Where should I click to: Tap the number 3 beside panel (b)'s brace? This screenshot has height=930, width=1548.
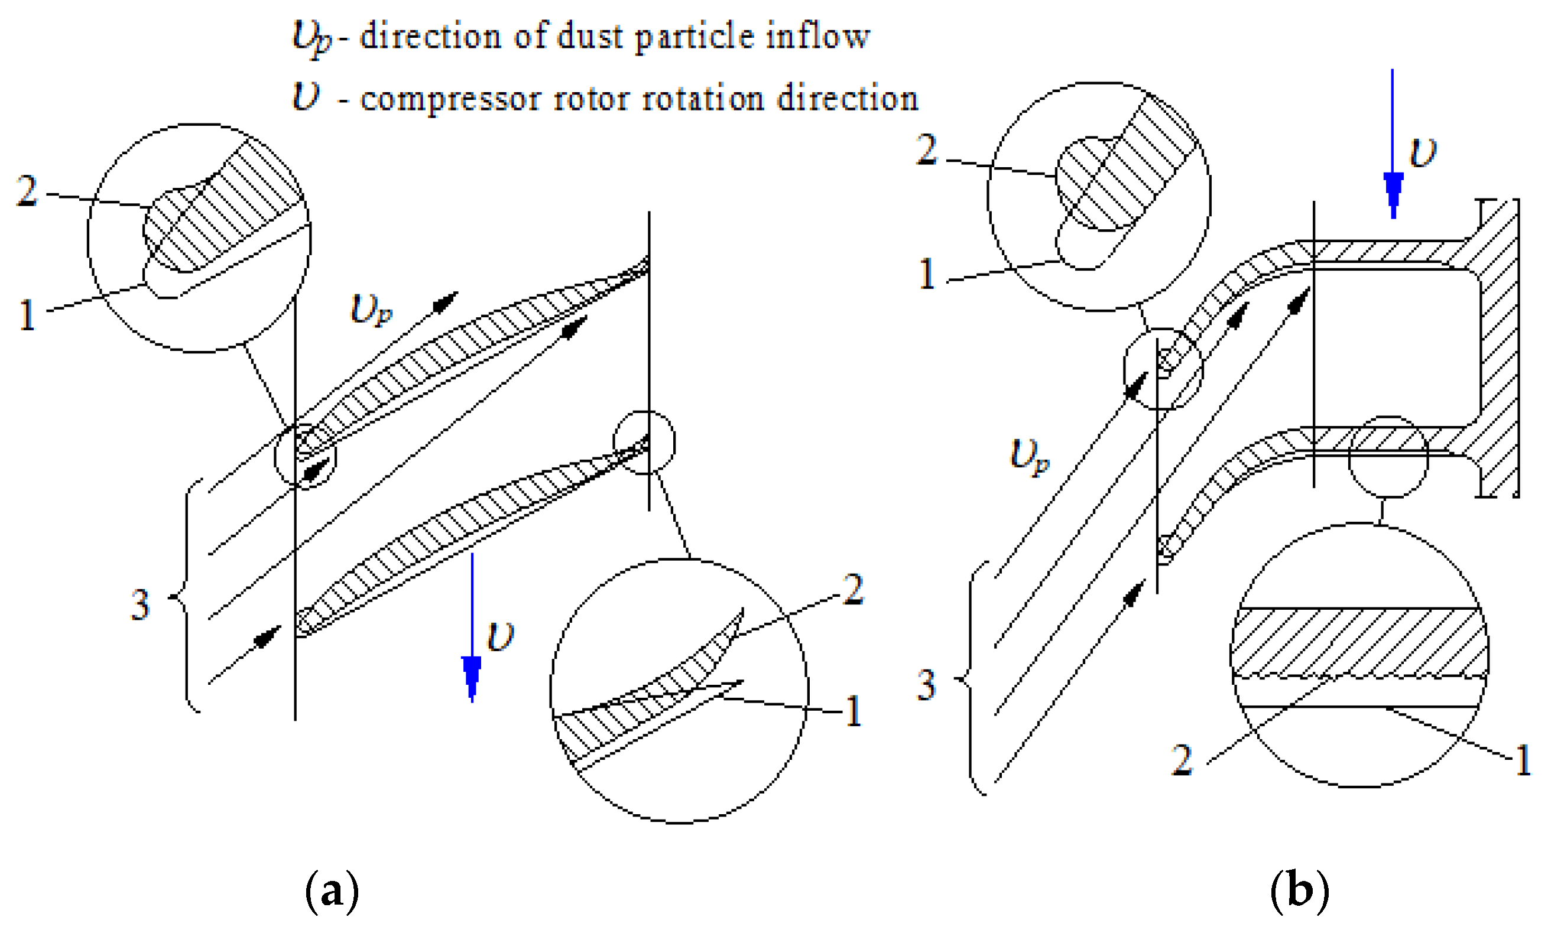[927, 685]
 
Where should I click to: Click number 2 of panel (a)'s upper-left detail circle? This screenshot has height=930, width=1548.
[27, 191]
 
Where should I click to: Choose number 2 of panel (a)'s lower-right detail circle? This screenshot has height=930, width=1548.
[853, 589]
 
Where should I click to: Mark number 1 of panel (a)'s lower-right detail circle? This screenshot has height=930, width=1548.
[853, 711]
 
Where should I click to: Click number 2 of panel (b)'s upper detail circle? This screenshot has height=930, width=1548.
[927, 151]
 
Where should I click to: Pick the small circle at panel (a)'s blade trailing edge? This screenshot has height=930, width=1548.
[644, 443]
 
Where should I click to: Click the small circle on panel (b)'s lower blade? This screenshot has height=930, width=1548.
[1388, 457]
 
